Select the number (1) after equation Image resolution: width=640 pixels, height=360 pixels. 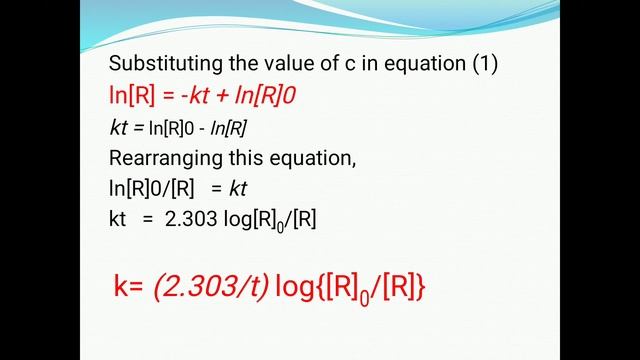(x=485, y=64)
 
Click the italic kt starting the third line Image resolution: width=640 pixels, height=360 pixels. (x=119, y=128)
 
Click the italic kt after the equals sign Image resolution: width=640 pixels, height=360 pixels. (x=238, y=189)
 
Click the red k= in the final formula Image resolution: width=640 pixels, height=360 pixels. (x=129, y=288)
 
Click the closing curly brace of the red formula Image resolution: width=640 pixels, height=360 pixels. (x=421, y=288)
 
